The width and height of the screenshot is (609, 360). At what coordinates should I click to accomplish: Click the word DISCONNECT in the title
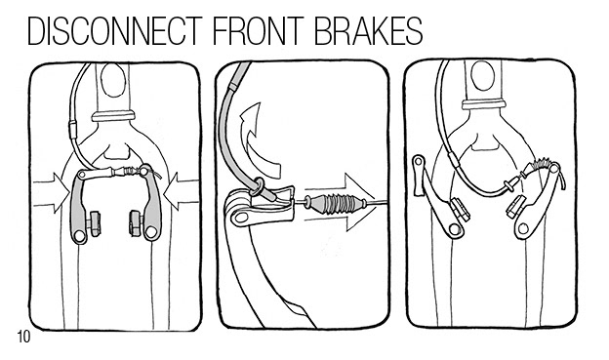point(115,30)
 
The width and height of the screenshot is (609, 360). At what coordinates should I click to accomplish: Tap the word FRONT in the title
point(259,30)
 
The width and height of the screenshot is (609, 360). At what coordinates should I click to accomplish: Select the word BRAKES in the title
point(368,30)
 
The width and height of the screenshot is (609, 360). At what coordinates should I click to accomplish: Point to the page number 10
point(23,337)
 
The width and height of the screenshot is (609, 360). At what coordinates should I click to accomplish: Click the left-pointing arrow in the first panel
point(182,191)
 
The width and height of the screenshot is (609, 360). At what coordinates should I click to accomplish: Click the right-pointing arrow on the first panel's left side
point(52,192)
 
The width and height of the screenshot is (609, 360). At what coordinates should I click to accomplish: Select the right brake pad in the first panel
point(136,222)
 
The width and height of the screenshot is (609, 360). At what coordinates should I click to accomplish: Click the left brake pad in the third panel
point(460,210)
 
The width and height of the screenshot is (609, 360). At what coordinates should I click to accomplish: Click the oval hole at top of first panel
point(113,80)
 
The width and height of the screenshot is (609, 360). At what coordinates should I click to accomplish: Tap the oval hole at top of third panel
point(482,76)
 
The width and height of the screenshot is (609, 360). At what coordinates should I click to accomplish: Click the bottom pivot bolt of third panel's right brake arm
point(523,229)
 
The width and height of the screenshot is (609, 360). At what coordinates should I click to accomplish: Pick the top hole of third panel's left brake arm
point(419,161)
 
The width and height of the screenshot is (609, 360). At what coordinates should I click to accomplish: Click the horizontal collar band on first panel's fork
point(113,116)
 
